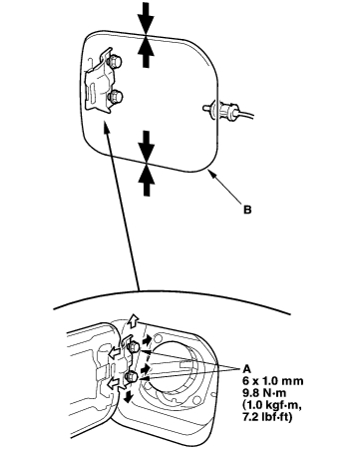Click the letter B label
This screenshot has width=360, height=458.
point(247,210)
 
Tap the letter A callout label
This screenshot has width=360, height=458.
point(247,369)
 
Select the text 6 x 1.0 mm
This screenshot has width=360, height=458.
point(273,381)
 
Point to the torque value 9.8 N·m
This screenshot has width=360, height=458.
point(264,393)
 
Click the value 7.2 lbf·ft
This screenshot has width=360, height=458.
point(267,417)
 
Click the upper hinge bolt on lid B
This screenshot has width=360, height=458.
point(114,61)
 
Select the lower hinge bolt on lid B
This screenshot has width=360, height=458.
point(116,97)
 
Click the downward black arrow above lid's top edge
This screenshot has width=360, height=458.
point(147,18)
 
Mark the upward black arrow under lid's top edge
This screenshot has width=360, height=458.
point(147,52)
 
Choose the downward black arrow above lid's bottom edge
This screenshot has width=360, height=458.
point(147,147)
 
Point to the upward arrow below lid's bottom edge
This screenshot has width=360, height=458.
point(147,179)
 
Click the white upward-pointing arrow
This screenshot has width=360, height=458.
point(134,321)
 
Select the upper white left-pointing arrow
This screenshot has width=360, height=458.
point(115,353)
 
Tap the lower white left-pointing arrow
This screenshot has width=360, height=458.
point(115,384)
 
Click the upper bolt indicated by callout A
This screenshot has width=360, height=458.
point(133,347)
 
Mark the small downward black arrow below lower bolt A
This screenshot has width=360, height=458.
point(128,395)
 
